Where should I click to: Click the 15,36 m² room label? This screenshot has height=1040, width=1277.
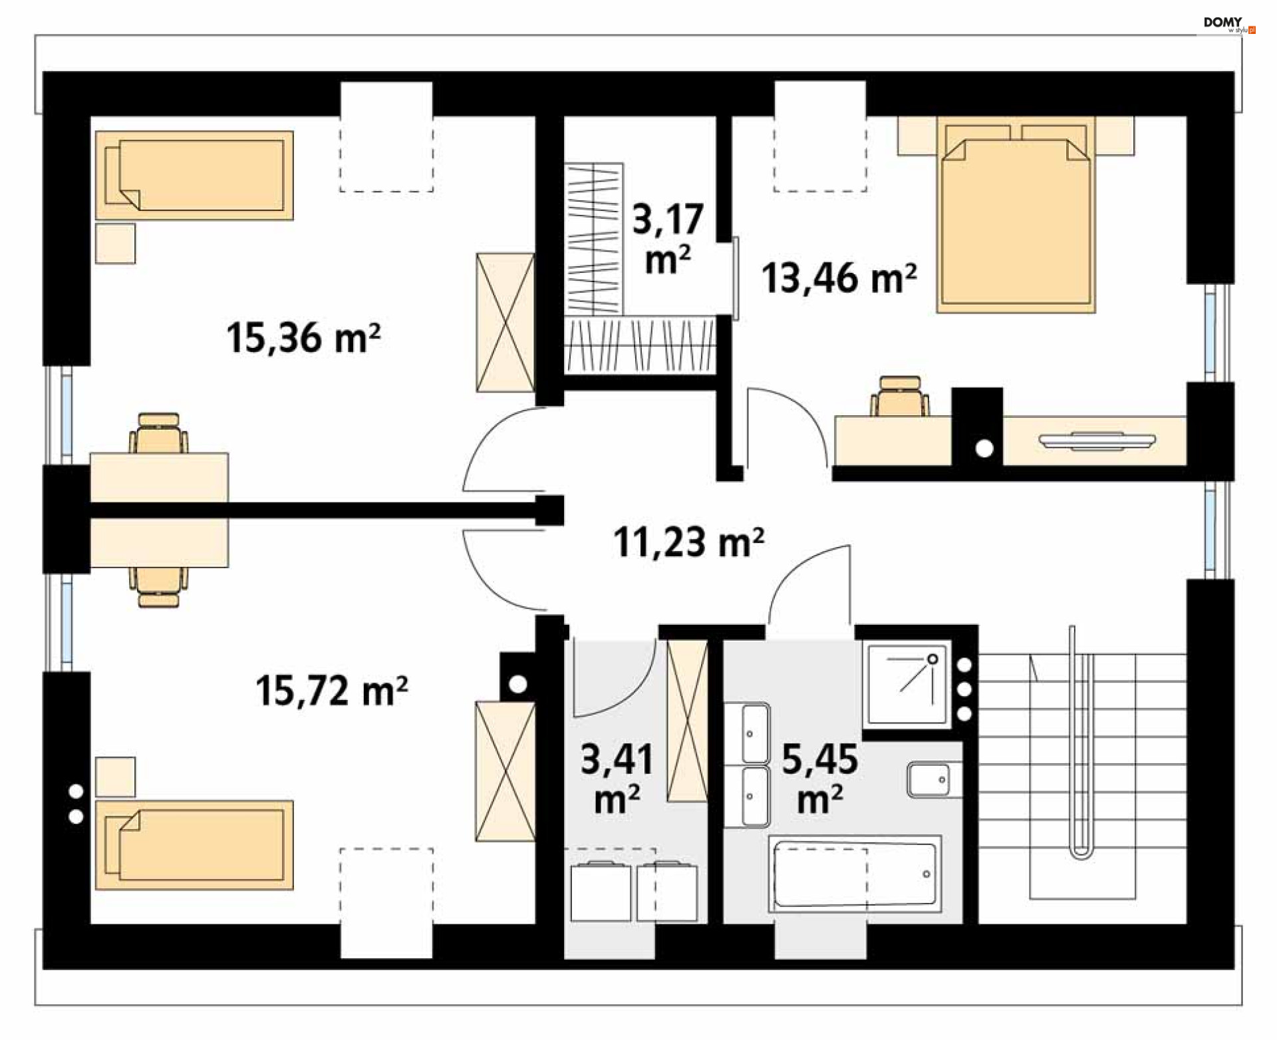303,337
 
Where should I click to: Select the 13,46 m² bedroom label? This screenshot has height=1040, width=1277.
839,278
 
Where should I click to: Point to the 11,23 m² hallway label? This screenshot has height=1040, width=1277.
688,542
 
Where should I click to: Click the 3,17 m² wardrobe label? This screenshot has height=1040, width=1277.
668,238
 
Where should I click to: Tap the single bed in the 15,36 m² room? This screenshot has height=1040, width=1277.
194,175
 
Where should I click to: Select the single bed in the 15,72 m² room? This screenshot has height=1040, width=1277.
194,845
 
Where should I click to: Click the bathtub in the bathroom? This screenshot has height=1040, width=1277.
855,874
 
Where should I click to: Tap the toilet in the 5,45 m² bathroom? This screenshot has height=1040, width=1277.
934,779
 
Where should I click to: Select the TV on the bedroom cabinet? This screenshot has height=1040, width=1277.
1097,439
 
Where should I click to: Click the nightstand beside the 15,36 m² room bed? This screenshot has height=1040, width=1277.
115,244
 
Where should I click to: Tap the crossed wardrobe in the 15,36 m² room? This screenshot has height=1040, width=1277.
505,322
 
